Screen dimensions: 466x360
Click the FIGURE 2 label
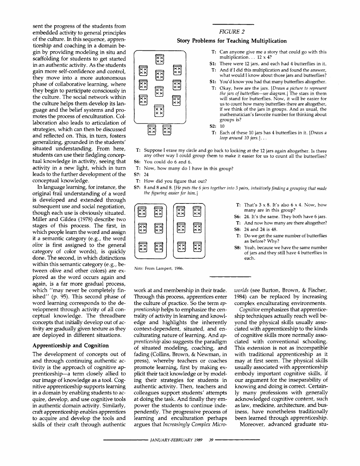click(232, 33)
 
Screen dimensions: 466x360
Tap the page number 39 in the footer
click(206, 450)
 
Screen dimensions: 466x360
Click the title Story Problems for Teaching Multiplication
click(232, 41)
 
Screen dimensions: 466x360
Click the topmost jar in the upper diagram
click(160, 59)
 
